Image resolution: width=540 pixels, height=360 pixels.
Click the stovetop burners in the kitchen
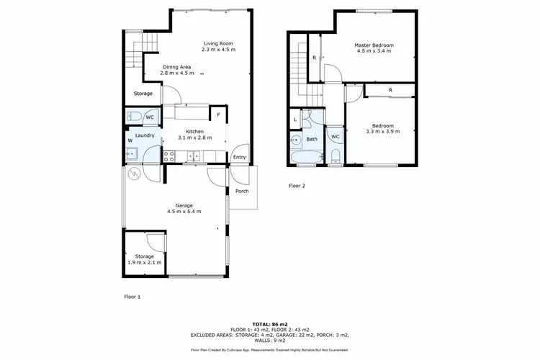(170, 155)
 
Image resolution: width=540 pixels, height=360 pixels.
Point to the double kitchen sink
(194, 155)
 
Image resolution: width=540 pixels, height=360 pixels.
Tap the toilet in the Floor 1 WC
(134, 117)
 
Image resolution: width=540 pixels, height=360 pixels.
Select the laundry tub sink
(132, 153)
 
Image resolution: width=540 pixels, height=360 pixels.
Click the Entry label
(238, 157)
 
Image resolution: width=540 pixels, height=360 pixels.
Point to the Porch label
(242, 191)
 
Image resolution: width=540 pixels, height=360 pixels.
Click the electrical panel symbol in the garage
(134, 174)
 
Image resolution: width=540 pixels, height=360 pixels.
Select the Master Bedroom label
(374, 45)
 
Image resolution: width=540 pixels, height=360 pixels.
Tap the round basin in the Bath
(296, 140)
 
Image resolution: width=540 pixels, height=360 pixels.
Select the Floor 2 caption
(297, 186)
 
